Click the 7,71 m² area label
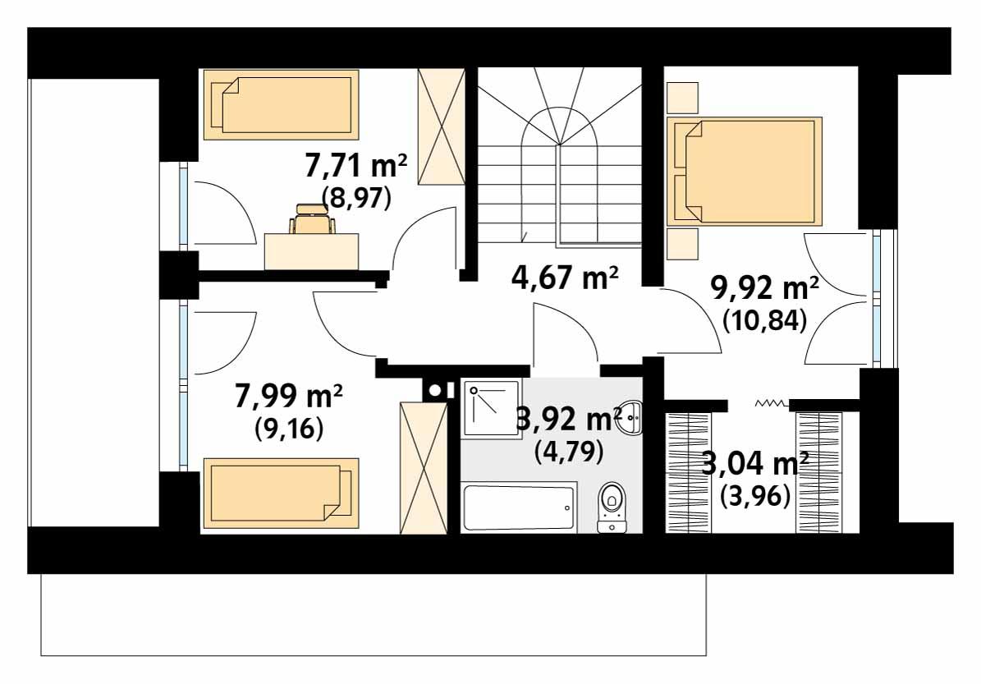click(x=355, y=168)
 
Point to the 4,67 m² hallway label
click(x=564, y=278)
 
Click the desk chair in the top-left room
click(x=312, y=223)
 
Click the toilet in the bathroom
click(x=611, y=503)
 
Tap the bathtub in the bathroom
click(x=518, y=508)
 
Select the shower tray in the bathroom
click(x=488, y=407)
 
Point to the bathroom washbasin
click(x=630, y=419)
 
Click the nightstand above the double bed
click(x=681, y=97)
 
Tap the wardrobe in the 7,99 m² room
click(x=423, y=467)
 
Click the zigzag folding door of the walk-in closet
click(x=771, y=403)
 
